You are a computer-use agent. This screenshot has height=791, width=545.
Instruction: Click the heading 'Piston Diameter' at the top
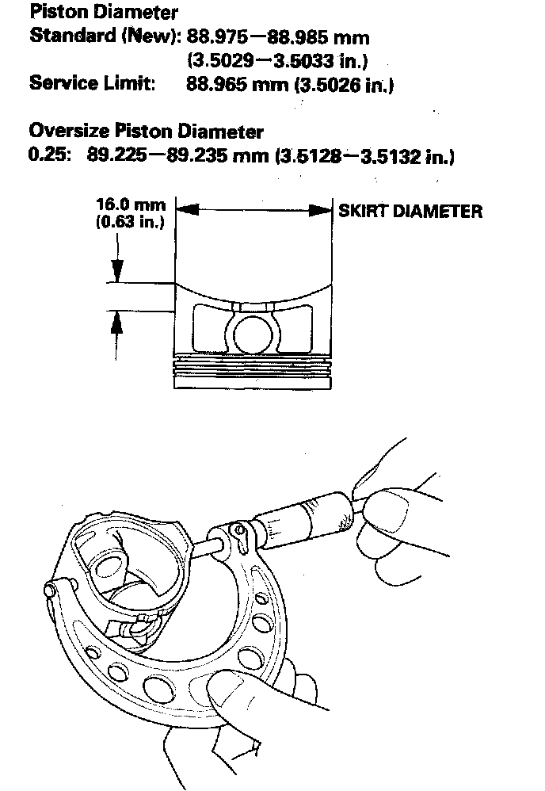pyautogui.click(x=103, y=13)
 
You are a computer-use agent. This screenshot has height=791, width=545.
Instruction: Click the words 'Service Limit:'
pyautogui.click(x=91, y=83)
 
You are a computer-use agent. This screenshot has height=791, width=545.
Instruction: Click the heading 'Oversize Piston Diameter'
pyautogui.click(x=146, y=131)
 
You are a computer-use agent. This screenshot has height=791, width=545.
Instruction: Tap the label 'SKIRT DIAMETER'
pyautogui.click(x=410, y=211)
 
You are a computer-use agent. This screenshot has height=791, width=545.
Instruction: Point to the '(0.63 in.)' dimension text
pyautogui.click(x=130, y=223)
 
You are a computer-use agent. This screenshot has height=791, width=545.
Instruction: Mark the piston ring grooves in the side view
pyautogui.click(x=253, y=365)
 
